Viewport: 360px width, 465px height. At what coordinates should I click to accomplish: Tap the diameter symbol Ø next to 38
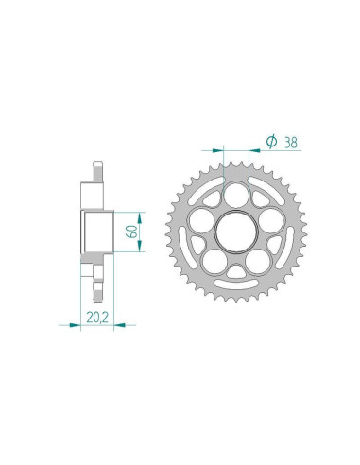pos(271,141)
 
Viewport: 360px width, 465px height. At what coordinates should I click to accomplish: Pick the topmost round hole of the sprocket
pos(238,194)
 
